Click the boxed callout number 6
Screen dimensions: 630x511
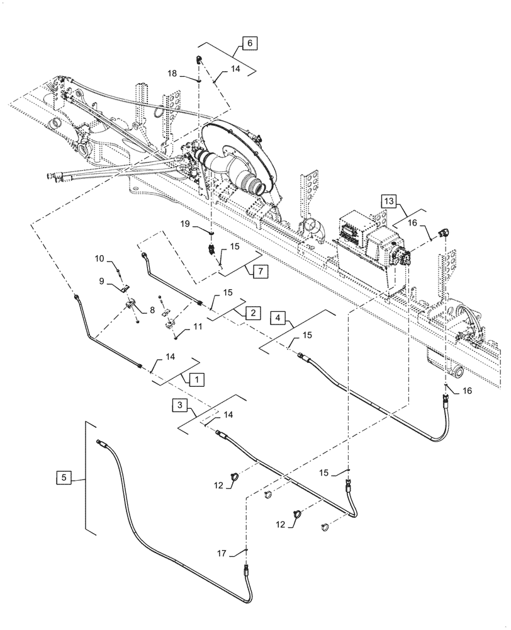click(x=249, y=43)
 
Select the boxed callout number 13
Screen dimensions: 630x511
click(x=389, y=201)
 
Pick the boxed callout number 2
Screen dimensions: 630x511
click(x=251, y=312)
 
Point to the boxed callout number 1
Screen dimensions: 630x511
click(x=196, y=379)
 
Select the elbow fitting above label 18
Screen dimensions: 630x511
click(x=198, y=60)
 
